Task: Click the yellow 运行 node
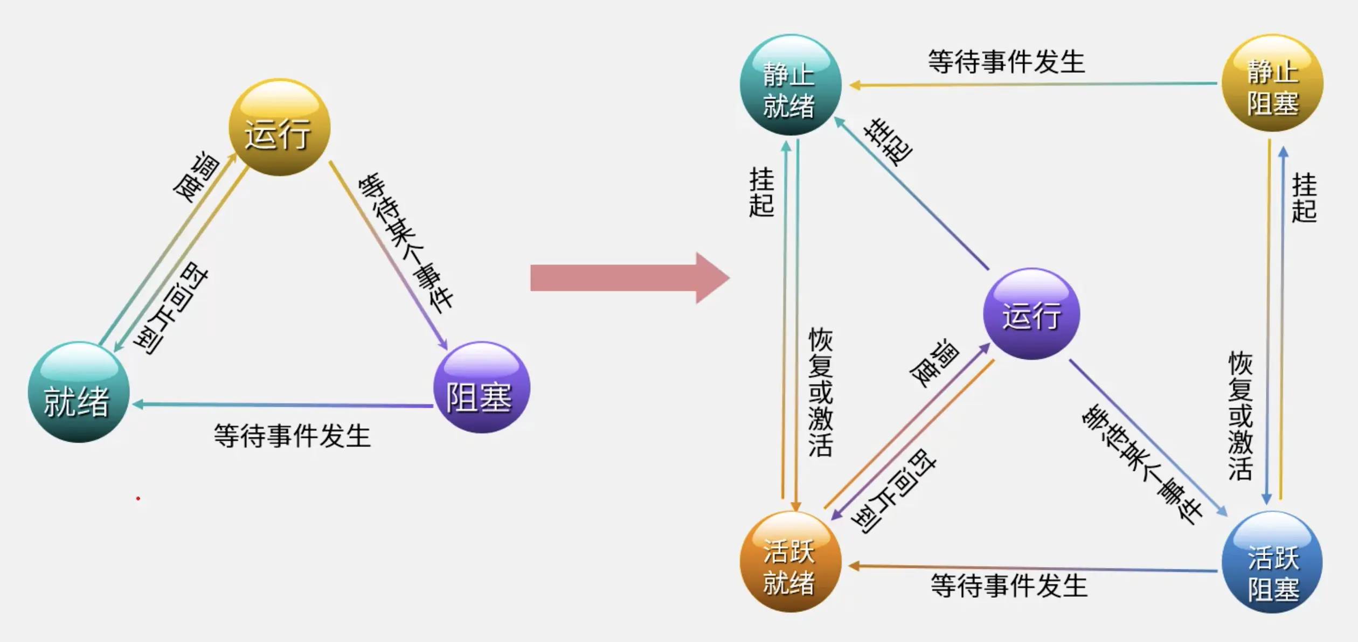[x=279, y=127]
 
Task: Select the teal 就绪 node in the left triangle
[x=79, y=392]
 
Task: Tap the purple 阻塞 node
[x=481, y=387]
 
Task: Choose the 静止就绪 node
[x=791, y=85]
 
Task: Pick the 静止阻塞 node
[x=1272, y=83]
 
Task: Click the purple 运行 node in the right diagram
[x=1031, y=313]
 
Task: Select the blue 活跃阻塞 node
[x=1272, y=562]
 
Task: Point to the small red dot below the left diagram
[x=138, y=499]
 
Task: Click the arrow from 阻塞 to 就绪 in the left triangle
[x=283, y=404]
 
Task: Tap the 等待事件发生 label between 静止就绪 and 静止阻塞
[x=1006, y=62]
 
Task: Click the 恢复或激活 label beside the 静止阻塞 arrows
[x=1240, y=416]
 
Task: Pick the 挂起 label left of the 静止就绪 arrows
[x=761, y=192]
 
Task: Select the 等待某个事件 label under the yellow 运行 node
[x=405, y=242]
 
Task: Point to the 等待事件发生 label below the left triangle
[x=292, y=436]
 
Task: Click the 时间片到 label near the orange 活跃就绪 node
[x=894, y=491]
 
